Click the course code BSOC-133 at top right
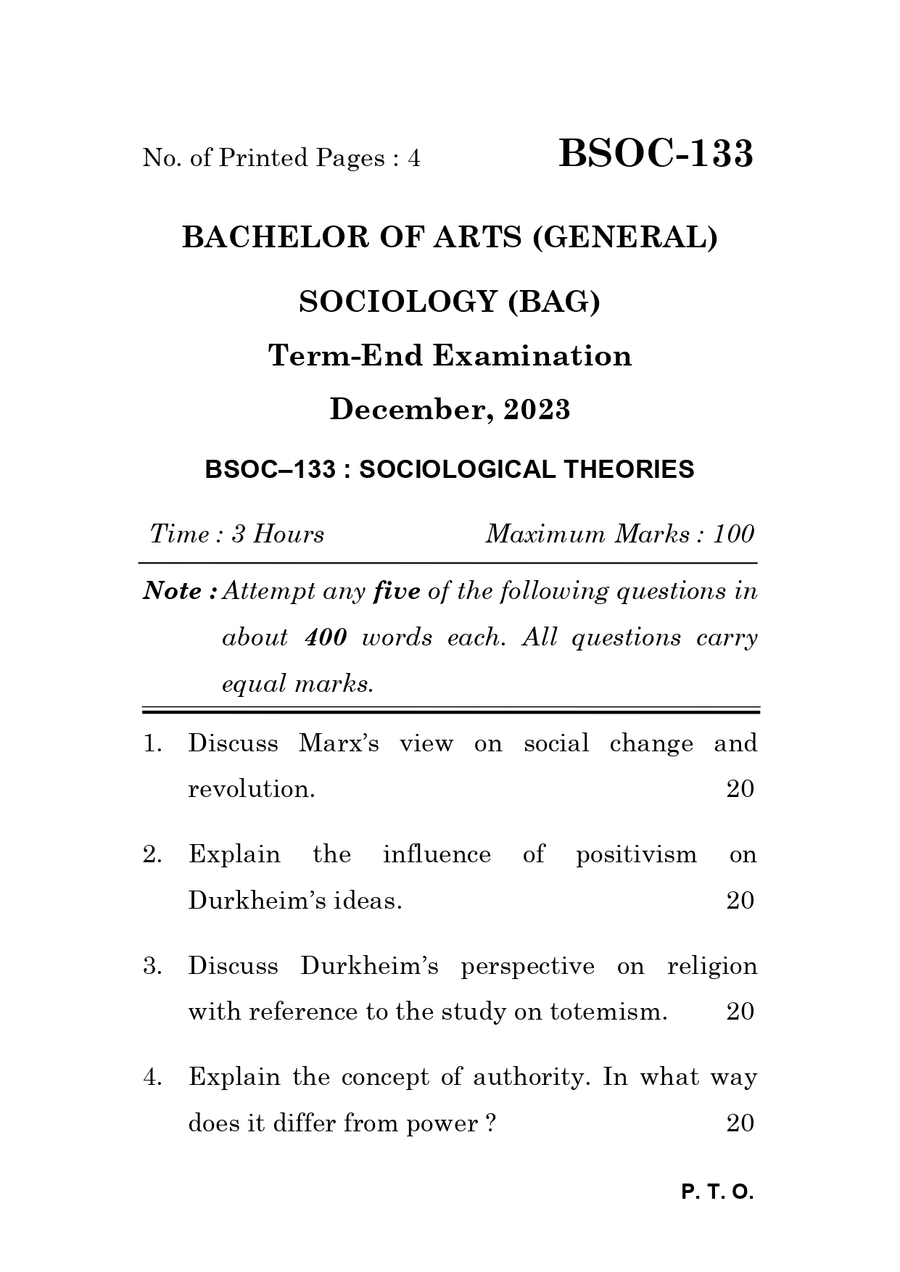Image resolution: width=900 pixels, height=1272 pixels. click(656, 154)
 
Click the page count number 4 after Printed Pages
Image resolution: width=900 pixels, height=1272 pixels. click(414, 158)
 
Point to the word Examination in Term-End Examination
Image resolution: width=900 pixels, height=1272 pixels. click(532, 355)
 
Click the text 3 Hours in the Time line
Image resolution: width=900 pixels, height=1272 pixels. click(278, 534)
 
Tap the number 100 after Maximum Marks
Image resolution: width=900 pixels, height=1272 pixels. click(733, 534)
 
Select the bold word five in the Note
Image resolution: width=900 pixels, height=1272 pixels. click(396, 592)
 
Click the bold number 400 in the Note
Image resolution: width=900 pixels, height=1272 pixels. click(326, 638)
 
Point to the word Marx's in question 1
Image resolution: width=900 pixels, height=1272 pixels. click(339, 743)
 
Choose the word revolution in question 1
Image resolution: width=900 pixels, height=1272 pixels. click(251, 789)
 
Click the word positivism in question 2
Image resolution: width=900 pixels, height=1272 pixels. click(636, 854)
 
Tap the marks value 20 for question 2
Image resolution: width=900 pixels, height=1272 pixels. click(740, 901)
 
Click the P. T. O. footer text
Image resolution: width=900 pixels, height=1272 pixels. click(717, 1192)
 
